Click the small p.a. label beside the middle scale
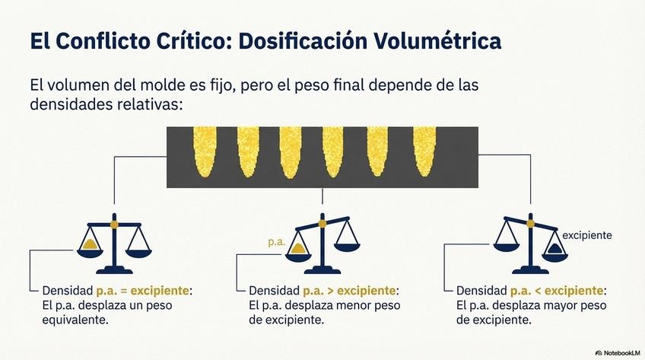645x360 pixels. coord(276,242)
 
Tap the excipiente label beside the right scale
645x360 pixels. coord(586,235)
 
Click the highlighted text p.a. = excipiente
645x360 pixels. coord(142,292)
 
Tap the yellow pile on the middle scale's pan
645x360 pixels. coord(298,248)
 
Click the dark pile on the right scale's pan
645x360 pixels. coord(554,249)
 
